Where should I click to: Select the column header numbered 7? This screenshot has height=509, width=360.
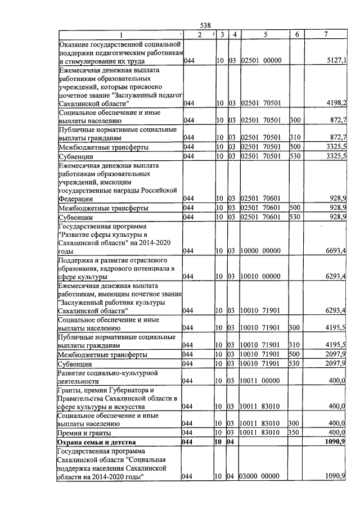pos(326,34)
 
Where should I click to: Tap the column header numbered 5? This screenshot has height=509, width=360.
pos(265,34)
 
